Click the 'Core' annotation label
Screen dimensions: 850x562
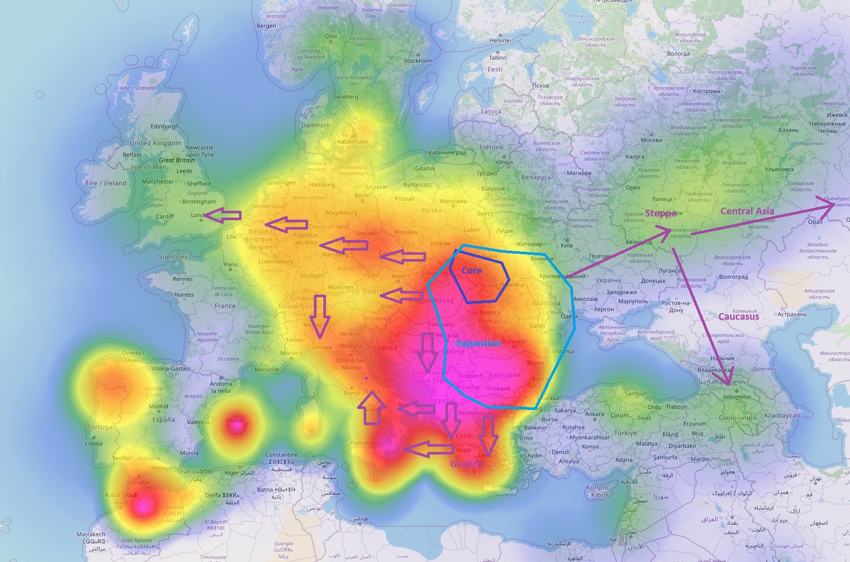pos(471,271)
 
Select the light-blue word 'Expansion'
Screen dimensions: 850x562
pos(477,343)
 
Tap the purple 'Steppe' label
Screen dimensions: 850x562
pos(660,213)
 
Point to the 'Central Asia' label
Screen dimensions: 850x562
pos(747,211)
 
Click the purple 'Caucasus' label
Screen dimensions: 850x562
pos(738,317)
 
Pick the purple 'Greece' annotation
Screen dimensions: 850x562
pos(465,463)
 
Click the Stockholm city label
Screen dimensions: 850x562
pos(418,61)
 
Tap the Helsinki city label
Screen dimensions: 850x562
pos(500,40)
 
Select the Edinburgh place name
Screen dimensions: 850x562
pos(165,126)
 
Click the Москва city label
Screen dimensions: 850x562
pos(651,140)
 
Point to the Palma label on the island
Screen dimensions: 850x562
pos(234,420)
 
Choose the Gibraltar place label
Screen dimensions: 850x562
pos(138,482)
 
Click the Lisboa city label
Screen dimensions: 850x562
pos(94,444)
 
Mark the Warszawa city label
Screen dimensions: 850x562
pos(453,201)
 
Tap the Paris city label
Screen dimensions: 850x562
pos(231,265)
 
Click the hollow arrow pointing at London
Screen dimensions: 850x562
pos(223,215)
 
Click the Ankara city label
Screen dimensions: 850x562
pos(594,414)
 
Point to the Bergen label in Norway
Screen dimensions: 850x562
pos(266,26)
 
